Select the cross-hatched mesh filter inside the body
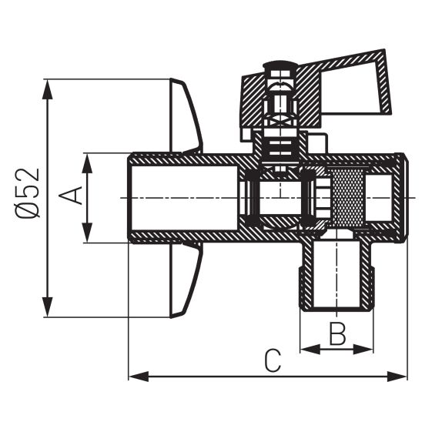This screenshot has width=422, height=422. tap(347, 197)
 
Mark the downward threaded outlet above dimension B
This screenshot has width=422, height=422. tap(336, 277)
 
